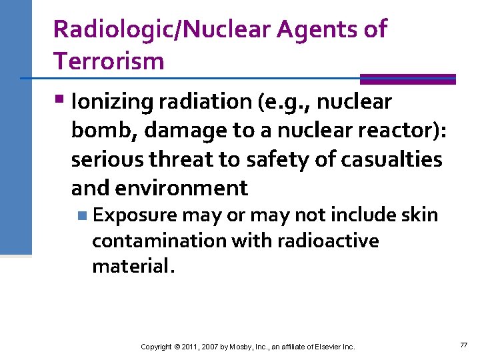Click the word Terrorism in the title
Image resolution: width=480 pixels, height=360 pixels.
coord(109,61)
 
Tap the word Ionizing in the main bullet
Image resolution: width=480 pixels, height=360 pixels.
coord(113,102)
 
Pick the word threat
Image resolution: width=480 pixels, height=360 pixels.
coord(193,159)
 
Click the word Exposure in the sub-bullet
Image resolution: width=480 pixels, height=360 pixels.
coord(135,215)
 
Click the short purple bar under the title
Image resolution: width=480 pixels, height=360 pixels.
coord(407,78)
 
